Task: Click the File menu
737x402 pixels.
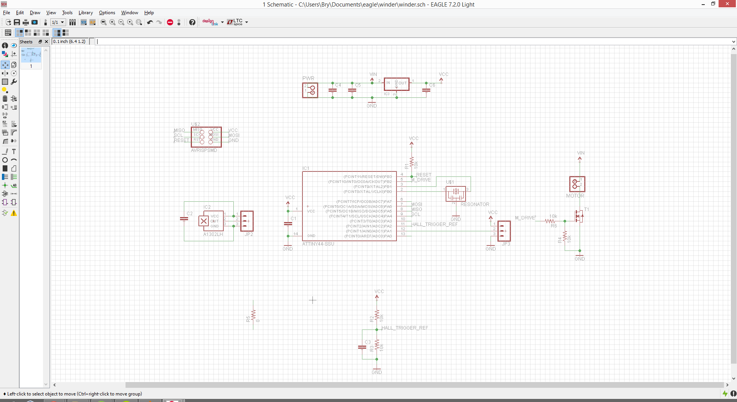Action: [7, 13]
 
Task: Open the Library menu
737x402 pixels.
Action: [86, 13]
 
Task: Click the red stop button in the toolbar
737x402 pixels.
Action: [170, 22]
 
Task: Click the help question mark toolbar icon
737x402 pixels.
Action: [192, 22]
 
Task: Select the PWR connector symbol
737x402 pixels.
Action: [310, 91]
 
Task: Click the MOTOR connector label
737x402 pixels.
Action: [575, 196]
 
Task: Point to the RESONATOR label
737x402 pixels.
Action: [475, 204]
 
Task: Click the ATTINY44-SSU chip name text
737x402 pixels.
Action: [318, 244]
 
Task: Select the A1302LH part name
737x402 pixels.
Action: [213, 234]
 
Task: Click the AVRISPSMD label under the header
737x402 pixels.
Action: [204, 150]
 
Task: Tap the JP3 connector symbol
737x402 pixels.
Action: [504, 231]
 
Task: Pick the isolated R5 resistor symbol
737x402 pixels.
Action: [253, 315]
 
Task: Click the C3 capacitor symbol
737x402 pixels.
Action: [362, 347]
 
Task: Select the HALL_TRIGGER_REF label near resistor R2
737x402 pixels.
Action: [405, 328]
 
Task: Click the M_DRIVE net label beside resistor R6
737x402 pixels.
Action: [525, 218]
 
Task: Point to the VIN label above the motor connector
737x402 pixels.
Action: [581, 153]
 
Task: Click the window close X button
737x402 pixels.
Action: [727, 4]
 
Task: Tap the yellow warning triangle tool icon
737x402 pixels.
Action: [14, 213]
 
